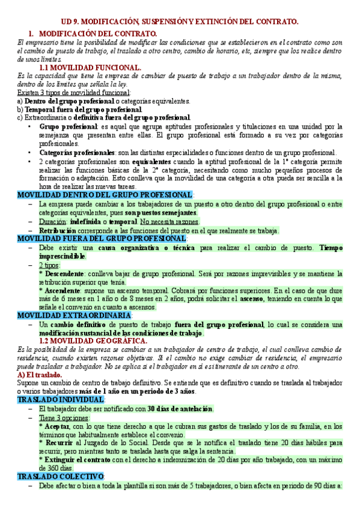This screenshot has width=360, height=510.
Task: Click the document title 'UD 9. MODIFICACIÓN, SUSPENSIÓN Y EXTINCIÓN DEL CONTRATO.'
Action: (180, 22)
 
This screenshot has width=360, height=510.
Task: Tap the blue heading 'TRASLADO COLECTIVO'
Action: (52, 476)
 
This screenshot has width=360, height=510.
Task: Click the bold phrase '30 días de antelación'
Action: (180, 392)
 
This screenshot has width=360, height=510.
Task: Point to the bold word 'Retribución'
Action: (58, 230)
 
